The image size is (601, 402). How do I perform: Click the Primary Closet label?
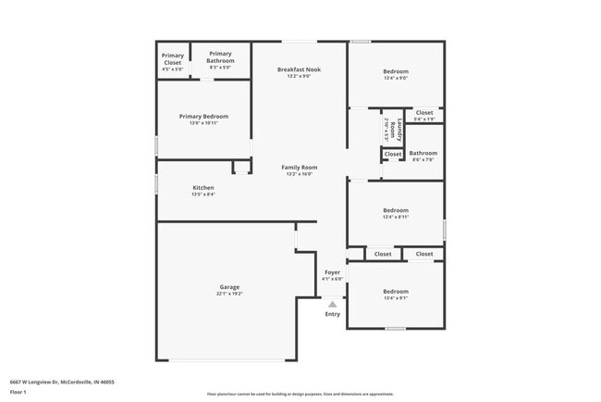click(172, 59)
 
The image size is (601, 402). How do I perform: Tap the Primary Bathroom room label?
click(220, 57)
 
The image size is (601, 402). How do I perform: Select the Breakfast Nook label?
click(300, 70)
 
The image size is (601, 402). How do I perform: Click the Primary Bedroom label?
click(203, 117)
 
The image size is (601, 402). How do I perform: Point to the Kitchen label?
click(203, 188)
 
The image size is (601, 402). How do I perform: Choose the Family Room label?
click(300, 168)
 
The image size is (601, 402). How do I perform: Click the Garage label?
click(229, 287)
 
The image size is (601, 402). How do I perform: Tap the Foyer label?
click(332, 272)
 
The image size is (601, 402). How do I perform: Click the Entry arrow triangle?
click(332, 303)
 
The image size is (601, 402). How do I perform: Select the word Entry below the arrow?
click(332, 314)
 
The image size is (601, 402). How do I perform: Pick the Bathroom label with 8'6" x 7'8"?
click(423, 154)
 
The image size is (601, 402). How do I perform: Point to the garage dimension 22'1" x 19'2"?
click(229, 294)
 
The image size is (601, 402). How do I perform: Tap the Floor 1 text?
click(19, 392)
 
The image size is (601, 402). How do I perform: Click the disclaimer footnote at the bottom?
click(300, 394)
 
